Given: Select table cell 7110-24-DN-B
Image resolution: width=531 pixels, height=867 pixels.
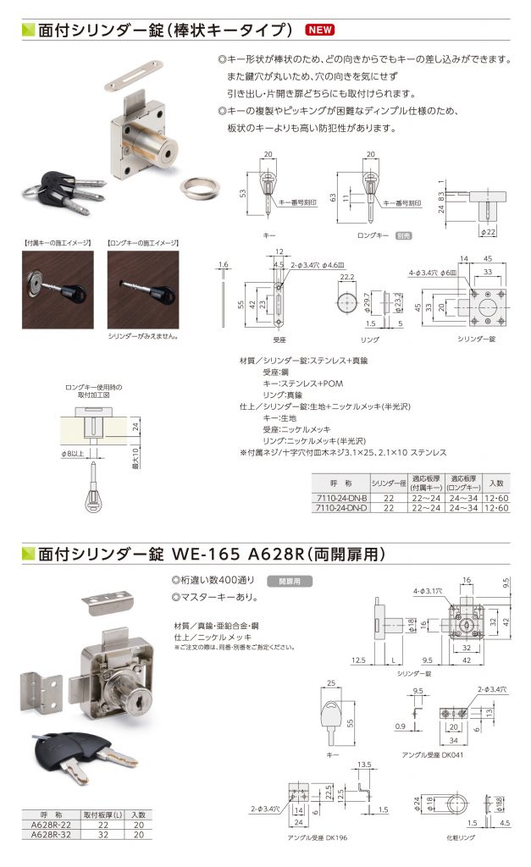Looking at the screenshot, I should pyautogui.click(x=341, y=498).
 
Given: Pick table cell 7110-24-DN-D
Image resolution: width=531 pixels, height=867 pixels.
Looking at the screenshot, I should pyautogui.click(x=341, y=508).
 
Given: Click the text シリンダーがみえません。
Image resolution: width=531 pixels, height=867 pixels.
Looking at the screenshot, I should pyautogui.click(x=140, y=337).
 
